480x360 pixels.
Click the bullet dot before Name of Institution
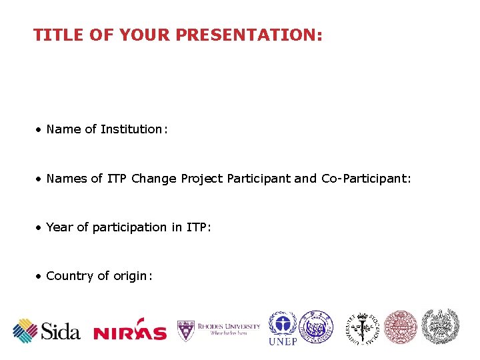coord(39,129)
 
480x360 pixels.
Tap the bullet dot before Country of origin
coord(39,276)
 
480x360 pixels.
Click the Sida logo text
coord(61,330)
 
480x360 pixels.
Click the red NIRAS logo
coord(130,332)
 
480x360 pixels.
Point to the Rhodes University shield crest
coord(185,330)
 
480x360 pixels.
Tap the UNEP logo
coord(283,328)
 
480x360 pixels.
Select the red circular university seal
coord(401,327)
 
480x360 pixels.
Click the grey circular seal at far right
coord(441,326)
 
